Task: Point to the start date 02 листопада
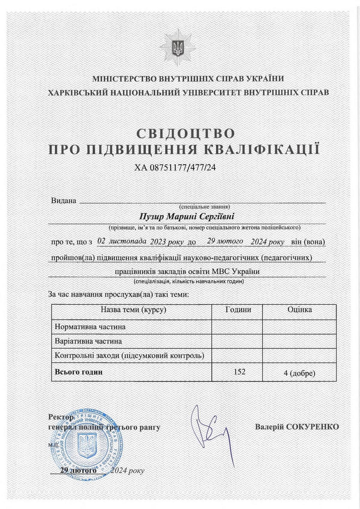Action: pos(122,241)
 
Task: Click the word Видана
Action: pos(64,201)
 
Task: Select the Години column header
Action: pos(238,310)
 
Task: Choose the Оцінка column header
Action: pos(299,310)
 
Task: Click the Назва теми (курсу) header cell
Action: pos(133,310)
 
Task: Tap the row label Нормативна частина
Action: pos(90,327)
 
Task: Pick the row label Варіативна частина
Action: pos(88,341)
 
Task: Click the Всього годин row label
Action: pos(79,372)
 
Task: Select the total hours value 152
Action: pos(239,372)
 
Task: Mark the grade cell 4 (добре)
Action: pos(299,373)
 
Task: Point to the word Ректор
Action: pos(61,417)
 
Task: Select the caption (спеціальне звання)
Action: pos(204,207)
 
